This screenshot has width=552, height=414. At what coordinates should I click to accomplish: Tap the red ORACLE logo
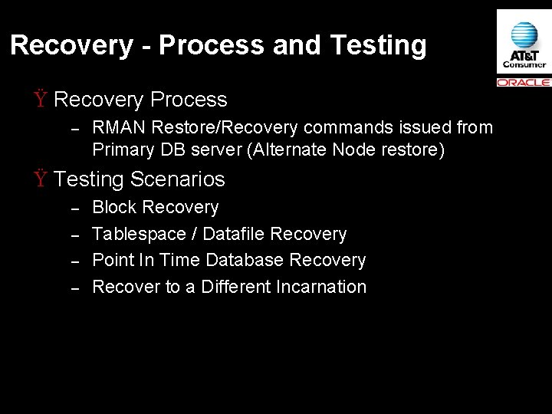click(x=524, y=82)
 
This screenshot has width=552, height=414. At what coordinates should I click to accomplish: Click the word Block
click(x=114, y=207)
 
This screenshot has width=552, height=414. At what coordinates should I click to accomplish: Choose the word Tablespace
click(x=144, y=234)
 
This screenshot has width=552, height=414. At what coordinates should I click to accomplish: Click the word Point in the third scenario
click(x=112, y=260)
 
